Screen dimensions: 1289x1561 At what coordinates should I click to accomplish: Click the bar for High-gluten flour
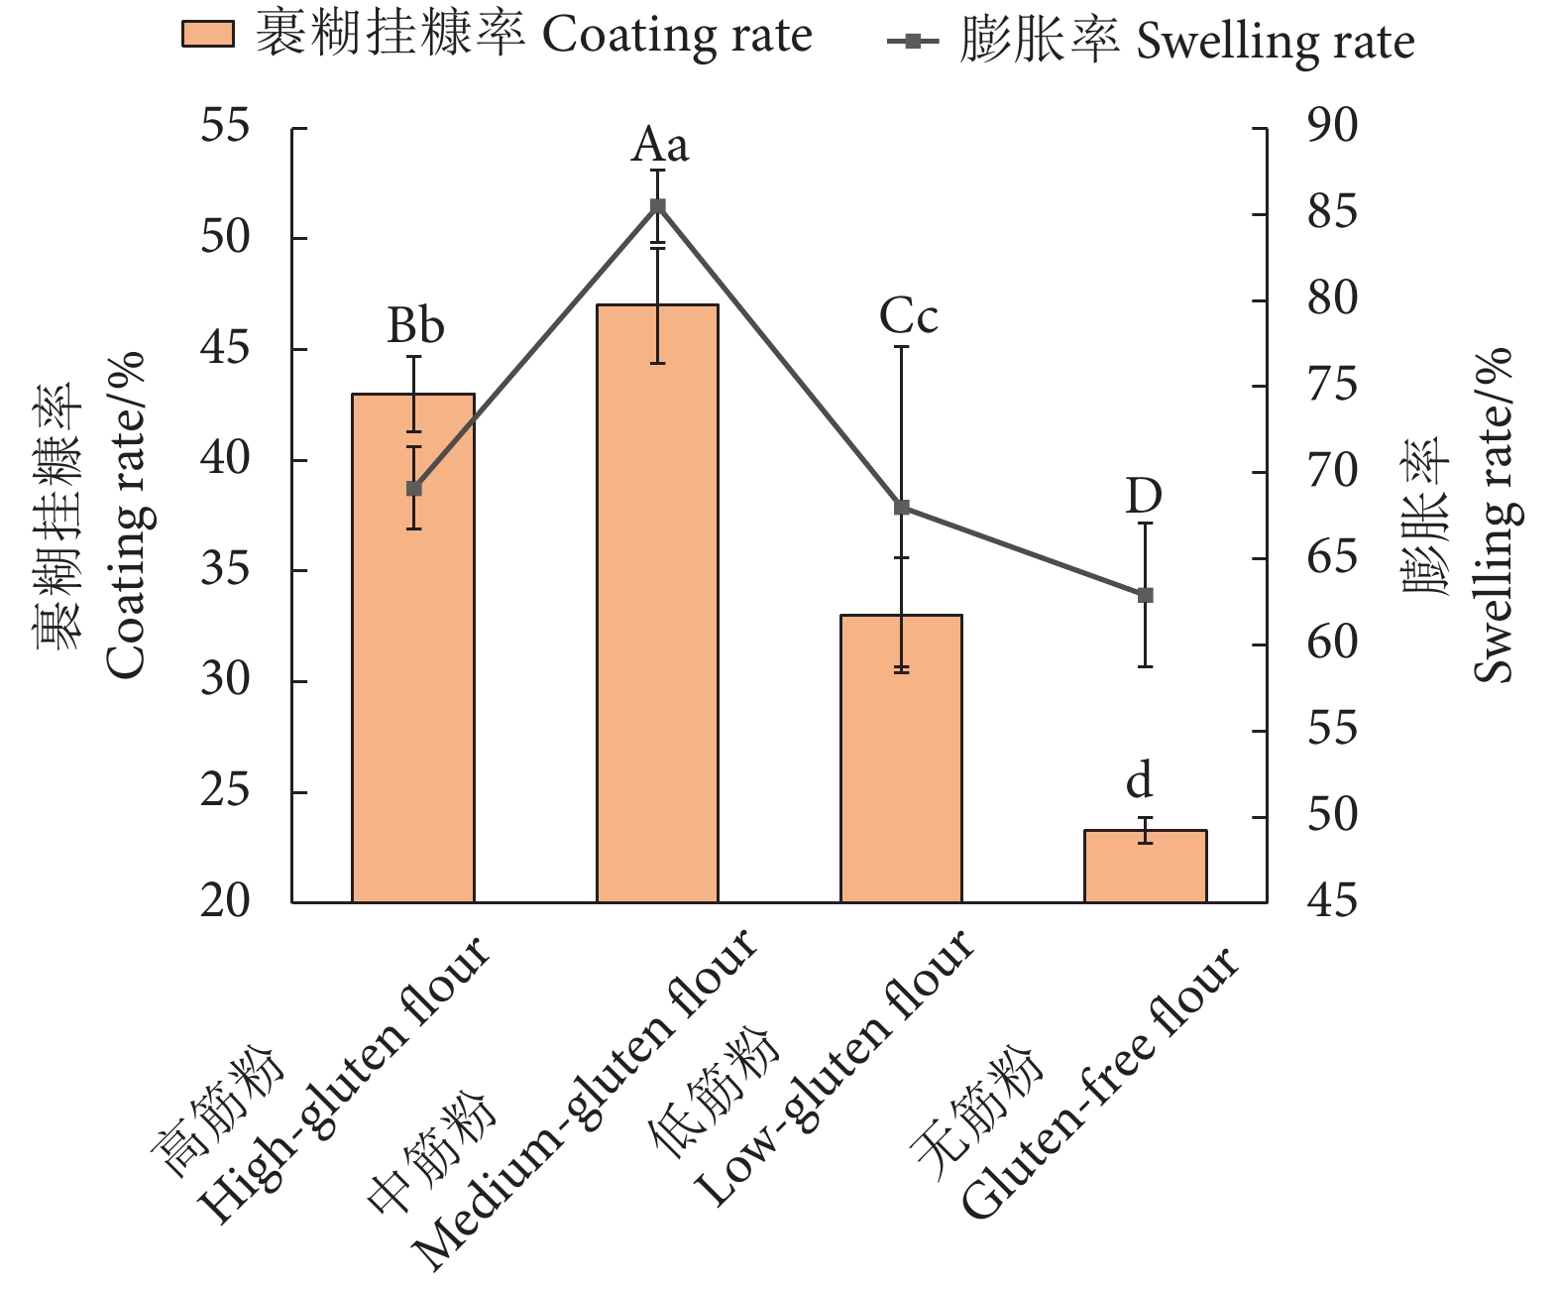coord(413,694)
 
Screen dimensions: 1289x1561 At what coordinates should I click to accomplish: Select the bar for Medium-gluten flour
coord(657,644)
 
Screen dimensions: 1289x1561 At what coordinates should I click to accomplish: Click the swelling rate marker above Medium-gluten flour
coord(657,206)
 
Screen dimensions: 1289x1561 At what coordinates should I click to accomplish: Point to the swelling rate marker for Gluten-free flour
coord(1145,595)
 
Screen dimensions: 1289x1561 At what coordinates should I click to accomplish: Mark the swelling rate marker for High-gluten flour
coord(414,489)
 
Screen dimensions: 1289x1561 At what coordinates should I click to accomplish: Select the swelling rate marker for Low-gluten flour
coord(902,508)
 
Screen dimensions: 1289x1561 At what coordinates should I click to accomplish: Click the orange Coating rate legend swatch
coord(208,35)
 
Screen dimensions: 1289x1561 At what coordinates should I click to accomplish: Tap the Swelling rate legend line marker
coord(913,42)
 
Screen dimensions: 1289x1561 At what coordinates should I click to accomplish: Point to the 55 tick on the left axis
coord(225,128)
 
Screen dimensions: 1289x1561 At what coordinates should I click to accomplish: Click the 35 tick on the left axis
coord(225,571)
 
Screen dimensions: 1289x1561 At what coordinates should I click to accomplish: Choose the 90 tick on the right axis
coord(1332,127)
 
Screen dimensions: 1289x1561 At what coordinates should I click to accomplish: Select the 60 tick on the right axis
coord(1332,644)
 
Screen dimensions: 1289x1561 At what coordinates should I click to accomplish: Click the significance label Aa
coord(659,146)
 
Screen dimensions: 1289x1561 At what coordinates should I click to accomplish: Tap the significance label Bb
coord(414,326)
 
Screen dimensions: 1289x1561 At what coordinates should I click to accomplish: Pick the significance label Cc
coord(908,317)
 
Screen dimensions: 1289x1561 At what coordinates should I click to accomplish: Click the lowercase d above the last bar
coord(1140,781)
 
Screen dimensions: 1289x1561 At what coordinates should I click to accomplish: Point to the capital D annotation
coord(1143,496)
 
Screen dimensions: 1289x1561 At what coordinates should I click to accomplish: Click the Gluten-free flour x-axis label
coord(1100,1086)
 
